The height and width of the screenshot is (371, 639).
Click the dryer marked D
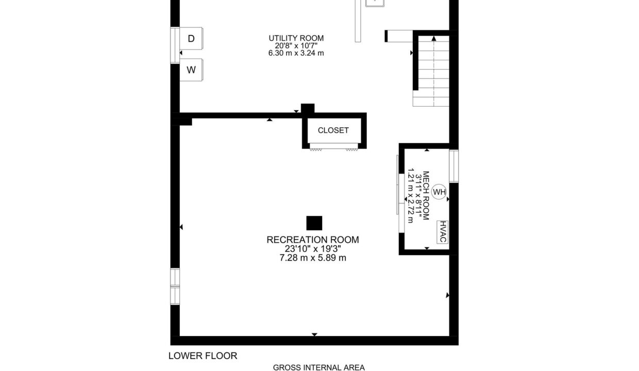[191, 39]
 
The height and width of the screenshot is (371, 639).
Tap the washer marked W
[191, 70]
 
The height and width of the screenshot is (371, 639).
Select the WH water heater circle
[439, 192]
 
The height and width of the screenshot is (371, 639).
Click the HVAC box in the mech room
[443, 232]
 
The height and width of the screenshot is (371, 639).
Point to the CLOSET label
[333, 130]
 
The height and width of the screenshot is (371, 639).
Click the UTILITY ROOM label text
[296, 38]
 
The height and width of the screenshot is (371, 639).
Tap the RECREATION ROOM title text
[313, 240]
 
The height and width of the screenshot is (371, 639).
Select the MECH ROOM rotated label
[426, 196]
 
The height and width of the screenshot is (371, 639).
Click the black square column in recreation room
[314, 223]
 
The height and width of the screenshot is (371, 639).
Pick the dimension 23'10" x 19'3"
[313, 249]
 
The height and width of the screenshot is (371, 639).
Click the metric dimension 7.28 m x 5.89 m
[313, 258]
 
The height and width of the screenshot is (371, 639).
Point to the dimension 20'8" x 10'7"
[296, 46]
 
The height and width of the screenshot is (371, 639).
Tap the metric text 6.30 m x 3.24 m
[296, 53]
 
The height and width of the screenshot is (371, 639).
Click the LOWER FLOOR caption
[203, 356]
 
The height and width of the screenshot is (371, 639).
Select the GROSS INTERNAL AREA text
[318, 367]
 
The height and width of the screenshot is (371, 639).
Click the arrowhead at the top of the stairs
[434, 38]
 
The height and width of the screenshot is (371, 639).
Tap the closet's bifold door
[334, 146]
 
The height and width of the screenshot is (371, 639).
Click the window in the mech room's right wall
[454, 166]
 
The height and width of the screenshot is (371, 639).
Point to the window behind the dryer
[175, 45]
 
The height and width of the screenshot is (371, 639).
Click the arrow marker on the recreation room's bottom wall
[314, 334]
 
